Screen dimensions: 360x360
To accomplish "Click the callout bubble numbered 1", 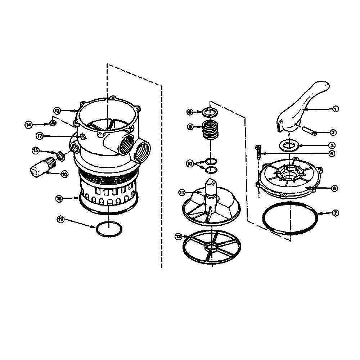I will tap(335, 109).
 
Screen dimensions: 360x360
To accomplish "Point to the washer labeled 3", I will tap(289, 145).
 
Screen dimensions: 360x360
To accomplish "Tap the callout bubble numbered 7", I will tap(335, 213).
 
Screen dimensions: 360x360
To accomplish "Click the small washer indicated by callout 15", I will tap(61, 156).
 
